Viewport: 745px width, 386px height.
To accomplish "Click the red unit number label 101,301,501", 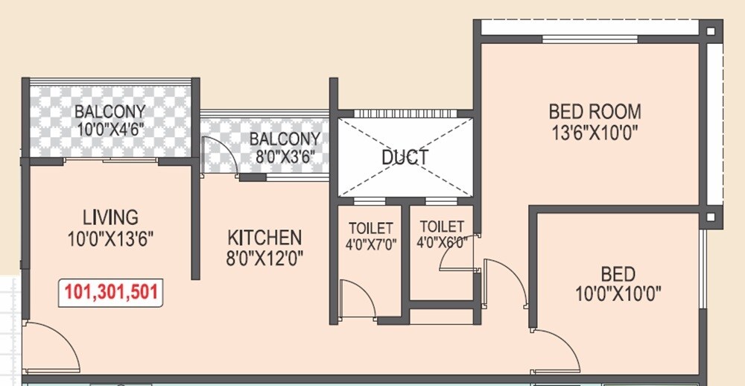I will (112, 292).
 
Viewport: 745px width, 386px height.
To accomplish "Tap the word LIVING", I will (110, 218).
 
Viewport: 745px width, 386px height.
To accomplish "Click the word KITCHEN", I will (264, 238).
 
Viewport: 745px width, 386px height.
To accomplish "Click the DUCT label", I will (405, 158).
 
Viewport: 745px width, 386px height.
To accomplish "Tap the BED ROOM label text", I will (595, 113).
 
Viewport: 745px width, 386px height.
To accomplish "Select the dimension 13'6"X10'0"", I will (595, 133).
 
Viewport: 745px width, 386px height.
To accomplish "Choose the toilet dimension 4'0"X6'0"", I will (442, 243).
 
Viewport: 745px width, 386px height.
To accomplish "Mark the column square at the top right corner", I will (710, 31).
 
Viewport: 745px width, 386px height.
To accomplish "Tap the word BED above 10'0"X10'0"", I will (618, 272).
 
